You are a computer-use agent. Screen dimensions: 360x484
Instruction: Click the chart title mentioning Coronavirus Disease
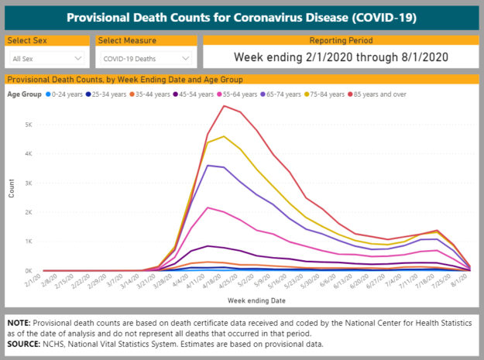(x=242, y=17)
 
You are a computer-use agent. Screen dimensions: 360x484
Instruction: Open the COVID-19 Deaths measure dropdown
(x=146, y=58)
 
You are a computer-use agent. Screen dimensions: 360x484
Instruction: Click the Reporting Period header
(x=340, y=40)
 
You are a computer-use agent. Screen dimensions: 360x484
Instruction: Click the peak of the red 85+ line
(x=224, y=105)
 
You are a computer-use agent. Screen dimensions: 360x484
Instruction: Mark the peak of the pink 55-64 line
(x=208, y=207)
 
